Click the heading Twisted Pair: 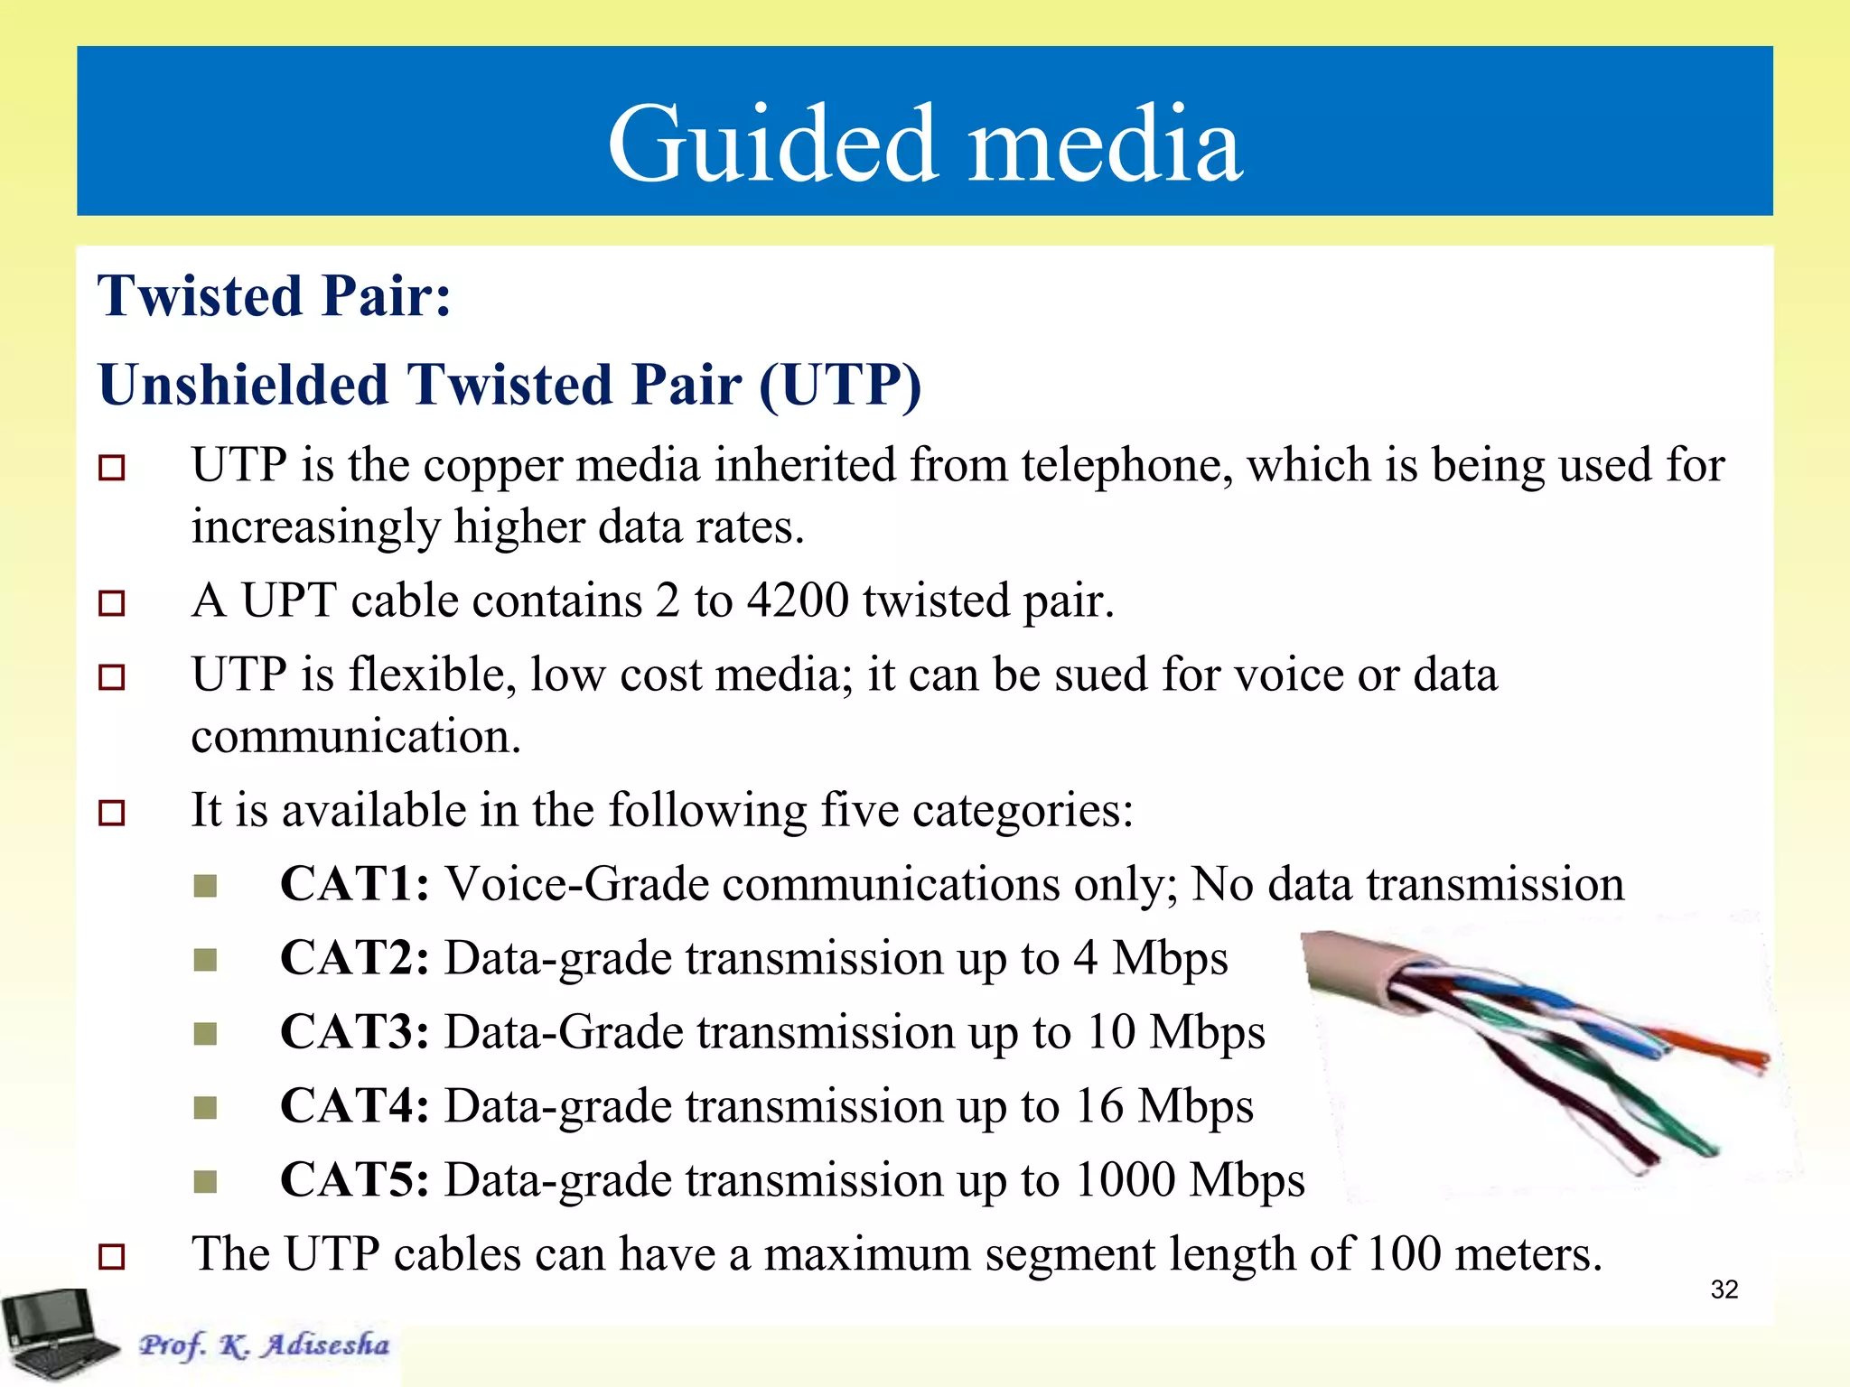click(x=275, y=296)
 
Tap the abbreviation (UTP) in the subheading click(x=839, y=386)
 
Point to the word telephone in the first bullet click(x=1125, y=466)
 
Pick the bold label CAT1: click(x=354, y=884)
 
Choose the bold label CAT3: click(x=354, y=1032)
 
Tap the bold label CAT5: click(x=354, y=1180)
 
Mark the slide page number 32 click(x=1724, y=1289)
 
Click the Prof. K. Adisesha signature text click(x=264, y=1345)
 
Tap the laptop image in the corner click(x=56, y=1335)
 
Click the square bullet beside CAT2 click(x=206, y=959)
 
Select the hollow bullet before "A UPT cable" click(x=112, y=602)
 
